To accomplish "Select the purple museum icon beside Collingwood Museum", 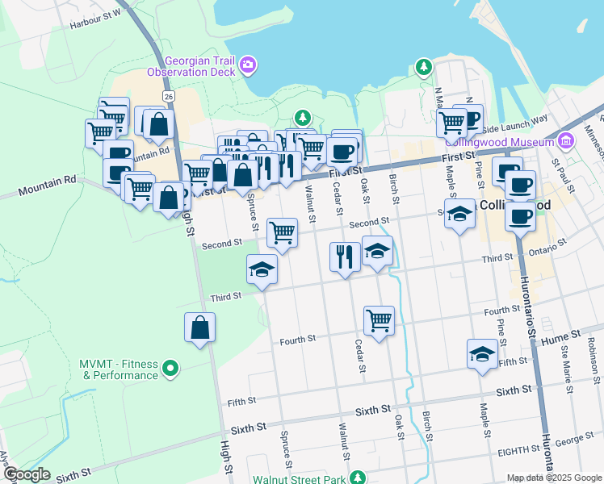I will coord(565,142).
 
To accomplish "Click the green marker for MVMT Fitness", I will coord(170,369).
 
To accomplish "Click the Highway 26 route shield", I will coord(168,96).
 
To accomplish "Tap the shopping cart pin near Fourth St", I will coord(379,320).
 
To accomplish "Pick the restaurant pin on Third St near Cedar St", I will coord(345,257).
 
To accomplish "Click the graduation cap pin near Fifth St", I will coord(482,353).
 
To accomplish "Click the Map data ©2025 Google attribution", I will coord(554,478).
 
